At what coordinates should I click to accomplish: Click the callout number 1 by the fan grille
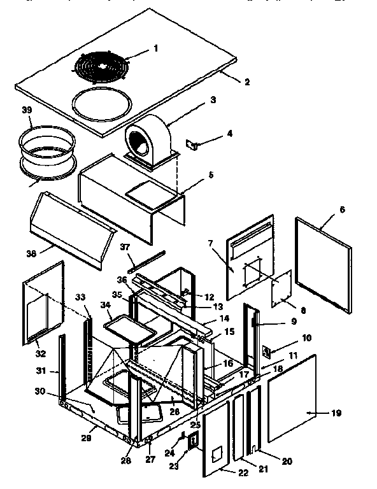click(155, 48)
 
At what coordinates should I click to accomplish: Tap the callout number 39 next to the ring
click(26, 111)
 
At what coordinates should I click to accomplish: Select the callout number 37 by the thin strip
click(126, 248)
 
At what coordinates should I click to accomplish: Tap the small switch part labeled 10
click(267, 350)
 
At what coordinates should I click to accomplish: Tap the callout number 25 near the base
click(196, 424)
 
